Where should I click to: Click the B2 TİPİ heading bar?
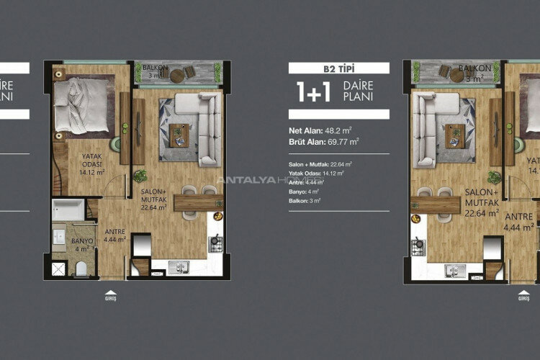(338, 68)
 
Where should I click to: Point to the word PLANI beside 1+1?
(357, 97)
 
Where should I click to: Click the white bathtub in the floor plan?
(69, 211)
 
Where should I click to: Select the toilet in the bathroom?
(81, 269)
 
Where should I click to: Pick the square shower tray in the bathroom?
(60, 269)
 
